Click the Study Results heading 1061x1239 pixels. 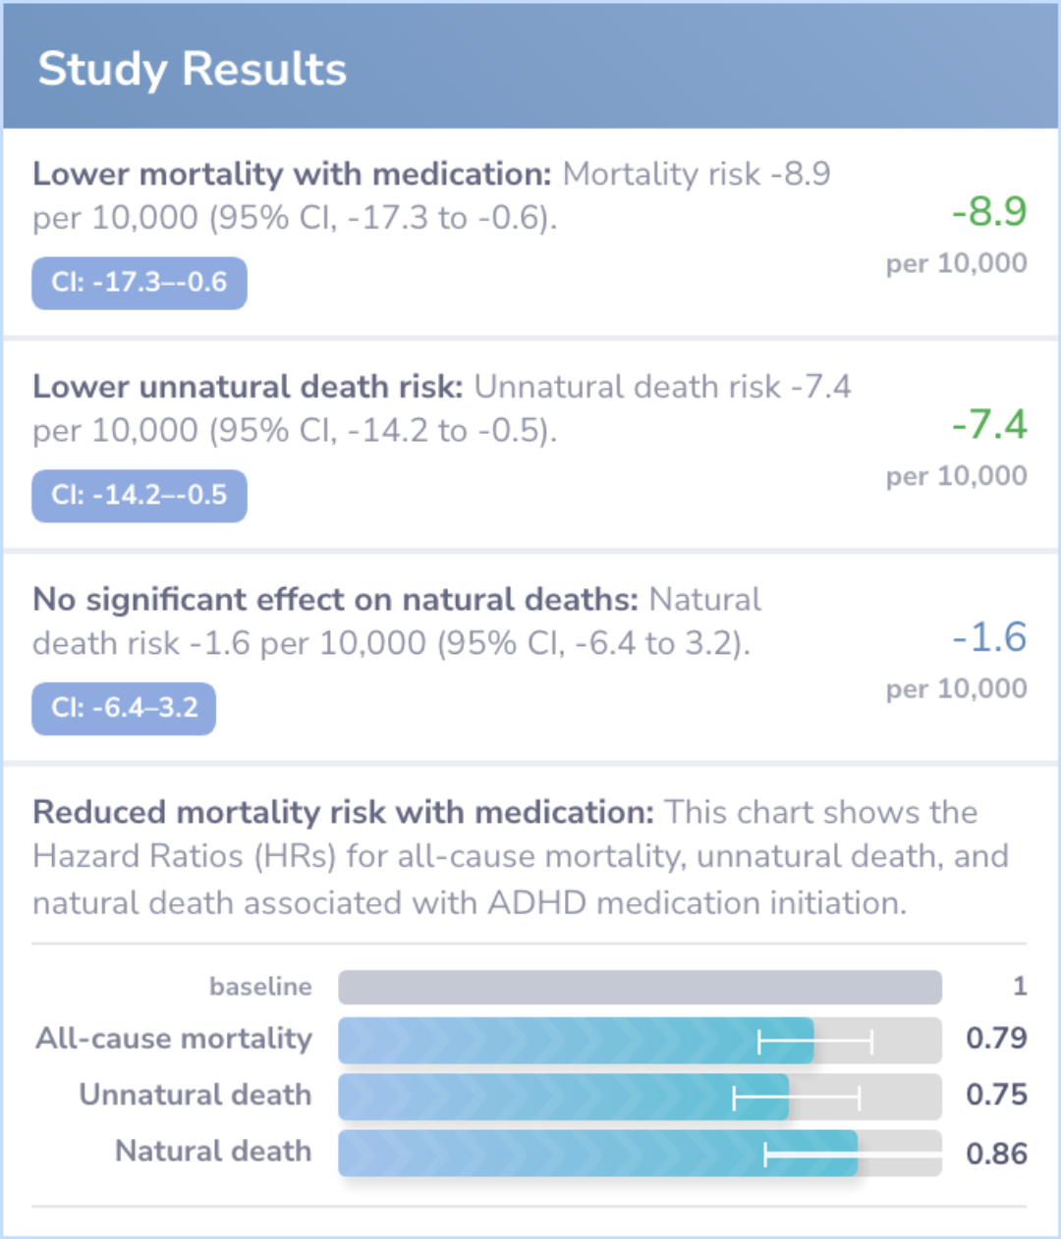pos(193,70)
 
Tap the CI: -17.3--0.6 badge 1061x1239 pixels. pos(140,283)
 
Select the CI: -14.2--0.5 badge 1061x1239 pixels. pos(140,496)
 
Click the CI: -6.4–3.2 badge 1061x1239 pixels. pos(124,708)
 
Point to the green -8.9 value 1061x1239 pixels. pos(988,211)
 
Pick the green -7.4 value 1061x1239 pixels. pos(988,424)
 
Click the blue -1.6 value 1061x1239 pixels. pos(988,637)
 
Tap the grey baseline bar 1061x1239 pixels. pos(640,987)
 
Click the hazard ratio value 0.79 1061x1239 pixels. pos(995,1039)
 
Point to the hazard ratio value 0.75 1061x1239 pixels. pos(995,1095)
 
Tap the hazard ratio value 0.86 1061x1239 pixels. pos(995,1154)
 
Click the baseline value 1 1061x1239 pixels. pos(1020,986)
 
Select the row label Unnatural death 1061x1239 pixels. pos(195,1095)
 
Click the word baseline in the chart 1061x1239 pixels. pos(260,987)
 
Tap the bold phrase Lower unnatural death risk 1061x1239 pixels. pos(248,387)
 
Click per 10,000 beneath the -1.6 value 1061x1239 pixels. pos(956,689)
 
